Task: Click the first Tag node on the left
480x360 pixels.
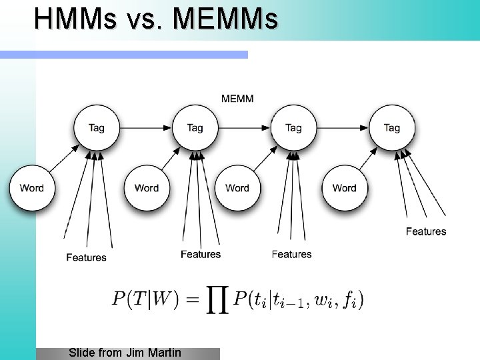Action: (x=97, y=127)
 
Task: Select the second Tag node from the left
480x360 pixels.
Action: (x=195, y=127)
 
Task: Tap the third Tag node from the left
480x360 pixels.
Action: (x=293, y=127)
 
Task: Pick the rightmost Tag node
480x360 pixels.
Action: (x=391, y=127)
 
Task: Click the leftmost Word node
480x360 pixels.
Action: (x=31, y=188)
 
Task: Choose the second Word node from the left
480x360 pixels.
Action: (x=146, y=188)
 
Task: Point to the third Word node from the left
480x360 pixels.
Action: (x=237, y=188)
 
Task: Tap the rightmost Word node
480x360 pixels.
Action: (x=344, y=188)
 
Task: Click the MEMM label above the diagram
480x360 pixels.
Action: (x=237, y=99)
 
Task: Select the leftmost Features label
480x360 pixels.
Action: (x=86, y=257)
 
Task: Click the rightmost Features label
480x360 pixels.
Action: (x=426, y=231)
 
